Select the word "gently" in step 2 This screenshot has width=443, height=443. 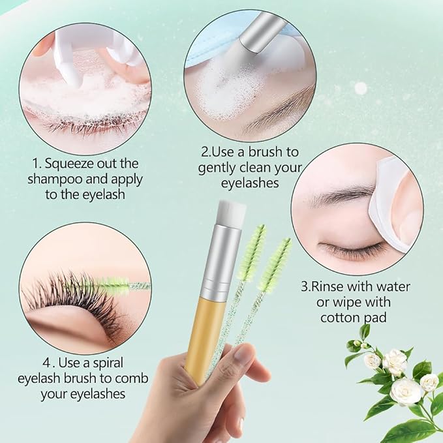tap(221, 167)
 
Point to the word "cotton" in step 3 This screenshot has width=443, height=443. tap(342, 318)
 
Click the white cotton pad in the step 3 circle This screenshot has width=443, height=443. tap(388, 196)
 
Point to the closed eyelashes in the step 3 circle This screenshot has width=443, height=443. tap(349, 251)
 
